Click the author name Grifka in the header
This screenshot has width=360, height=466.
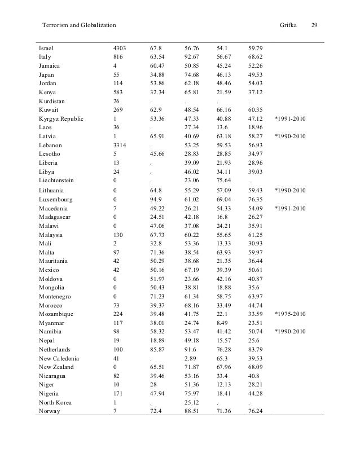289,26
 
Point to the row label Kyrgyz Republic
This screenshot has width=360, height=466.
61,119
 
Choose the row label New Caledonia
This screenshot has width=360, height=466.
59,358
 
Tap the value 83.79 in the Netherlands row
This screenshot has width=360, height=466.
256,349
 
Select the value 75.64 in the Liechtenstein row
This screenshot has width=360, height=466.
225,181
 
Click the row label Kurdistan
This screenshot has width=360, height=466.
52,101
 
